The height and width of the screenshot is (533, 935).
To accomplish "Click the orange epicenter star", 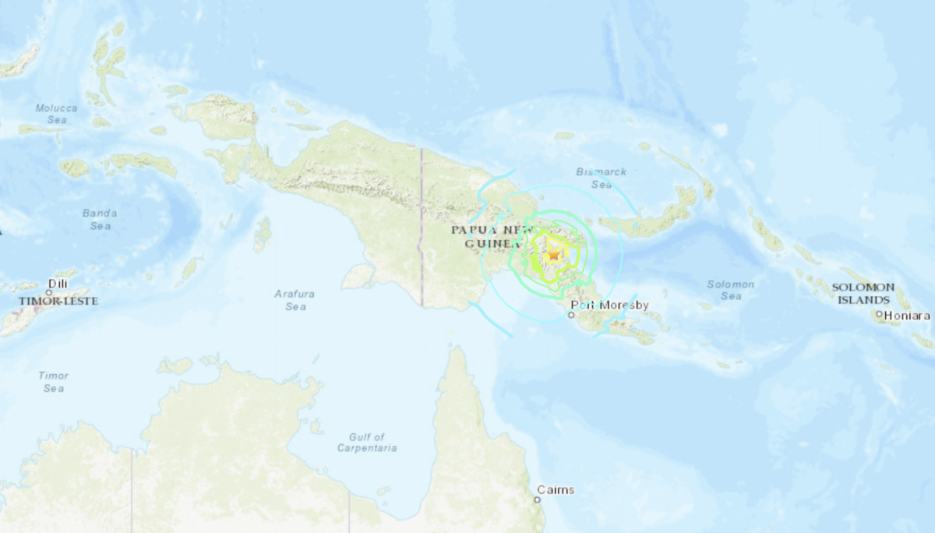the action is coord(554,254).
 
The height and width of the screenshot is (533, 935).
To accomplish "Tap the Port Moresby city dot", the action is coord(571,316).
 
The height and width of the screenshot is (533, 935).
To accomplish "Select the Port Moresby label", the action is coord(609,305).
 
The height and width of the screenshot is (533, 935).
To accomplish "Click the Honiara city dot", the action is coord(879,315).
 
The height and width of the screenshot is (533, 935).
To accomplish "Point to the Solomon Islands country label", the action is coord(861,293).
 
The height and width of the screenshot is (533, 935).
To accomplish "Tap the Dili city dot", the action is coord(48,292).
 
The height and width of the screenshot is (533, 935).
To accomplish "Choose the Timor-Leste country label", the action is coord(58,300).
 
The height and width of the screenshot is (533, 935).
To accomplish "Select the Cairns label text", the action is coord(556,489).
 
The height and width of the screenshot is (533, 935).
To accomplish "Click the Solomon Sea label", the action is coord(731,290).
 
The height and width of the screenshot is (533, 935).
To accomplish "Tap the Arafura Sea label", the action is coord(295,300).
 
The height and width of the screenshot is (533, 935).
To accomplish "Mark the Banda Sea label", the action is coord(100,219).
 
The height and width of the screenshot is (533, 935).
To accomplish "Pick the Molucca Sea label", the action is coord(56,114).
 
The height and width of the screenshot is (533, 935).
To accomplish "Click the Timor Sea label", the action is coord(53,381).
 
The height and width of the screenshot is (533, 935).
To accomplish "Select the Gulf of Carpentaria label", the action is coord(367,442).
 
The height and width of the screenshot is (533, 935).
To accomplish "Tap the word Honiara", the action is coord(907,316).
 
